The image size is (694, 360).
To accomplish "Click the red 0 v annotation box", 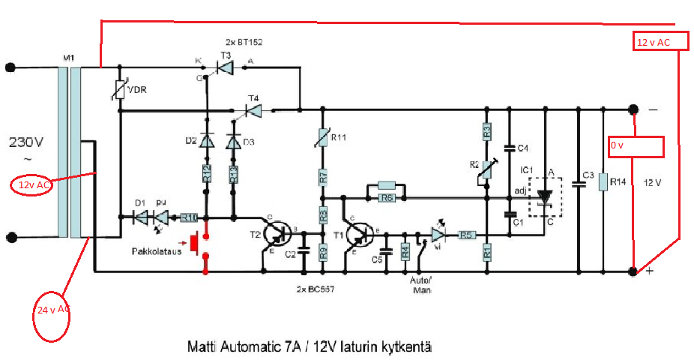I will pyautogui.click(x=636, y=147).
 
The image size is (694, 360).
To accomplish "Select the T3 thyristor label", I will pyautogui.click(x=225, y=56).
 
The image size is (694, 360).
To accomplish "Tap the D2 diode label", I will pyautogui.click(x=190, y=141).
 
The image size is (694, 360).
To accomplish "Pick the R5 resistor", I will pyautogui.click(x=466, y=235).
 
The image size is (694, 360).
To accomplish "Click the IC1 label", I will pyautogui.click(x=527, y=172).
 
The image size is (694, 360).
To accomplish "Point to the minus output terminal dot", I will pyautogui.click(x=633, y=109).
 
